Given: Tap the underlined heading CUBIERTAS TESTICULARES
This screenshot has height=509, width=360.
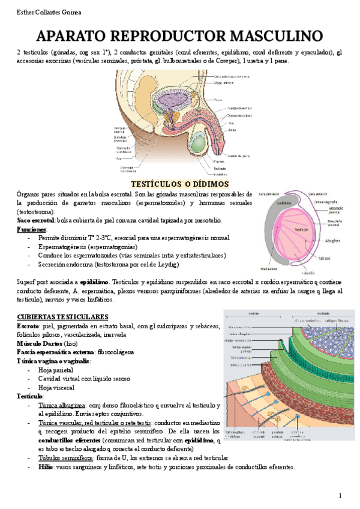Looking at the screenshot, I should tap(62, 316).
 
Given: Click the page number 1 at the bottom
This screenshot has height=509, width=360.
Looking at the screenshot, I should tap(340, 496).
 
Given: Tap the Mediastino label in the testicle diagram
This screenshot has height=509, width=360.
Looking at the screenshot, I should tap(269, 268).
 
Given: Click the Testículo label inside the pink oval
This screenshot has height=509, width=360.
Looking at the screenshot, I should tap(301, 229).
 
